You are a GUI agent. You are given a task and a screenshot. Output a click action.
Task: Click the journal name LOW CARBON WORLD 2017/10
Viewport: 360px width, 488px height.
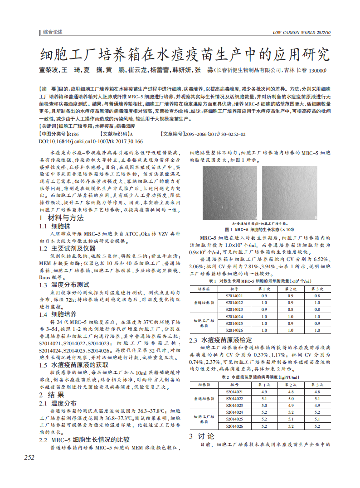click(x=302, y=33)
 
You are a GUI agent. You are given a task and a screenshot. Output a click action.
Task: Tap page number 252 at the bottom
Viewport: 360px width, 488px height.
click(x=29, y=458)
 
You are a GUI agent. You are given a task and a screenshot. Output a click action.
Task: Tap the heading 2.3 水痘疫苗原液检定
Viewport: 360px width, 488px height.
click(x=220, y=339)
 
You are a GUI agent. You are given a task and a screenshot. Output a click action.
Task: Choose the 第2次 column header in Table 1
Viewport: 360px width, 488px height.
click(x=290, y=289)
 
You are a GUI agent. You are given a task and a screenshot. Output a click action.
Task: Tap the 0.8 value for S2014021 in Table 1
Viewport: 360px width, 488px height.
click(x=317, y=295)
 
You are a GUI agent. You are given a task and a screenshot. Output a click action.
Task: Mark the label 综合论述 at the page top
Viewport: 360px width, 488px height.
click(x=53, y=32)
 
